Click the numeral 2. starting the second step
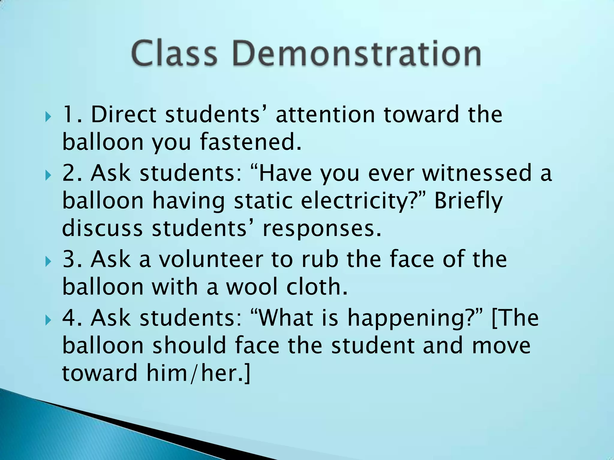pos(72,173)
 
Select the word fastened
pos(251,142)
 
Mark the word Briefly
pos(468,201)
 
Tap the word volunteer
pos(210,260)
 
